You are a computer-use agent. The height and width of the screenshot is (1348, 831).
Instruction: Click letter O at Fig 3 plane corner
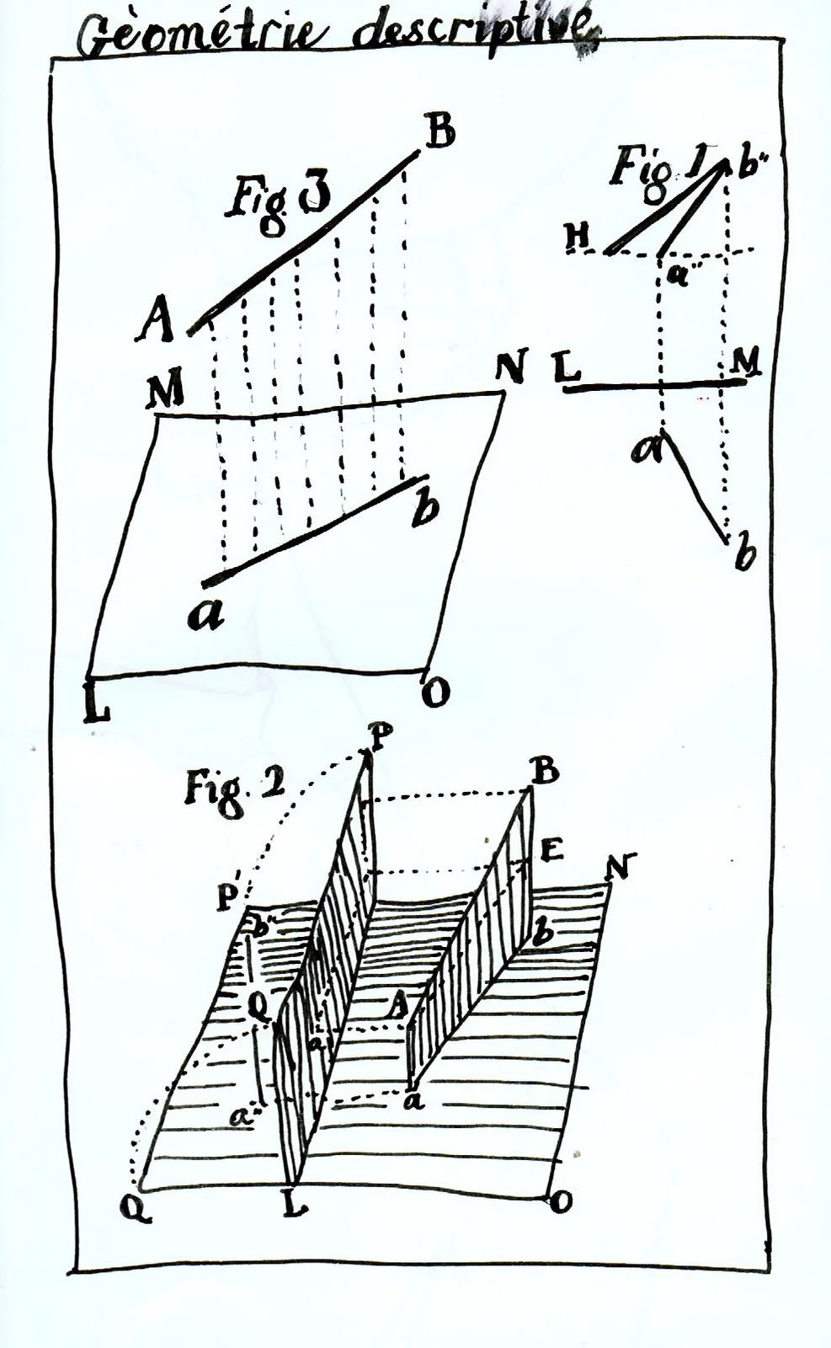(x=439, y=693)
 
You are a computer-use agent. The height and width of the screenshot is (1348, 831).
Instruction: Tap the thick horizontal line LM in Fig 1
(x=653, y=386)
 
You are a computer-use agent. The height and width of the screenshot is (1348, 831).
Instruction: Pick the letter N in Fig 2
(x=624, y=866)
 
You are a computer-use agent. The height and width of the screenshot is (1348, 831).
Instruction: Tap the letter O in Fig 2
(x=557, y=1203)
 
